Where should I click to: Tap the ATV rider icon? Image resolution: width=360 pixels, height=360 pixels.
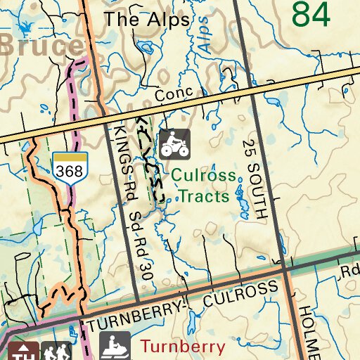coord(174,143)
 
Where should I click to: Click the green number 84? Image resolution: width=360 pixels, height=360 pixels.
coord(310,14)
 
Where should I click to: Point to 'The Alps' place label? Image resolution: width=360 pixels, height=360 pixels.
coord(148,20)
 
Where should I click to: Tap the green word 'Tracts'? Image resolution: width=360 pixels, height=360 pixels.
coord(203,195)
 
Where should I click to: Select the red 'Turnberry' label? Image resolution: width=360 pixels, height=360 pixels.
coord(183,346)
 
